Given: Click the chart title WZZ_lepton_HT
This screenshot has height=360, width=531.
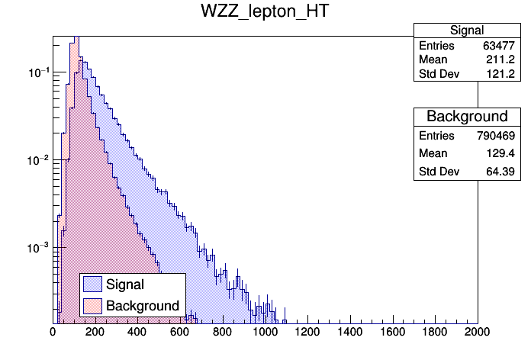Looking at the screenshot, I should point(265,12).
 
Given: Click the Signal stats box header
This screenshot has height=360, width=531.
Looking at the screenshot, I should point(467,31).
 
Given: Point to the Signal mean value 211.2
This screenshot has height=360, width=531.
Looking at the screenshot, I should point(502,60).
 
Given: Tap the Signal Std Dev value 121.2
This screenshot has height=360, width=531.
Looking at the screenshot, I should point(502,75).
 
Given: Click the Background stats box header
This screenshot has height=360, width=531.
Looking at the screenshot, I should point(467,117).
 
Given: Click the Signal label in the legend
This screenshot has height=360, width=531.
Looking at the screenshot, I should point(125,284).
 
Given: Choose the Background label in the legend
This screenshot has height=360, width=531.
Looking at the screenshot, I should point(143,306).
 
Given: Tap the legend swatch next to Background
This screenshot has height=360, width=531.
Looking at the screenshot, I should point(93,306).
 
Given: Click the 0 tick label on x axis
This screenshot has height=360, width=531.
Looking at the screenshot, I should point(53,333).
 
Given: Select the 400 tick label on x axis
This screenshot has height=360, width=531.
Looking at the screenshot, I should point(137,333).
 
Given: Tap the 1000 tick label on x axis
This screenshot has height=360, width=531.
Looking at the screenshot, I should point(265,333).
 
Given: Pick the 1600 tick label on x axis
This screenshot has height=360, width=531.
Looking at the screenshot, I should point(392,333).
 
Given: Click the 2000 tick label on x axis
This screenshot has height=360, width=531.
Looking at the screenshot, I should point(477,333).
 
